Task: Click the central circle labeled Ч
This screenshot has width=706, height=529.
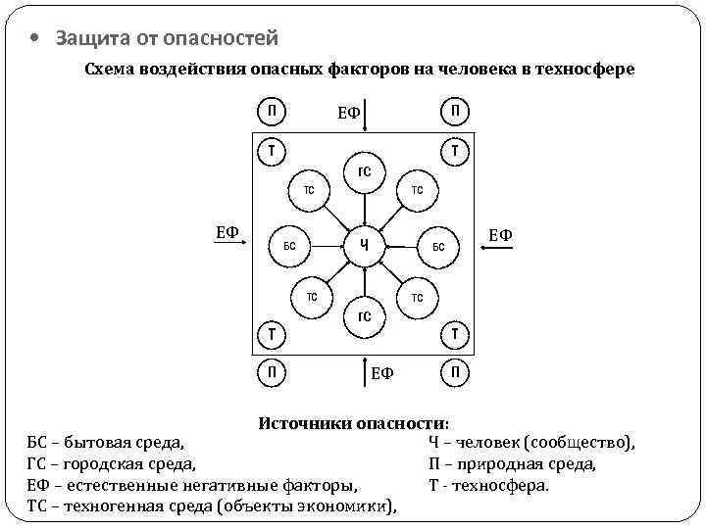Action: pos(363,245)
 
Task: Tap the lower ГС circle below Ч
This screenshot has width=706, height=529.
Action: pos(363,315)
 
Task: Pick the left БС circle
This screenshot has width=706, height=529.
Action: pos(290,245)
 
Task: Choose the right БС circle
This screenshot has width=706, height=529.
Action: pos(438,245)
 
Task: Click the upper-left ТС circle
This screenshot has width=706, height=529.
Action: pos(310,189)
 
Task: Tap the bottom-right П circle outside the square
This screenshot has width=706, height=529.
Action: pos(455,372)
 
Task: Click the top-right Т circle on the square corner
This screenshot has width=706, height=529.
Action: pos(455,151)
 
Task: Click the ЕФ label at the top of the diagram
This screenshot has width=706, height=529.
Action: pos(349,115)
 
